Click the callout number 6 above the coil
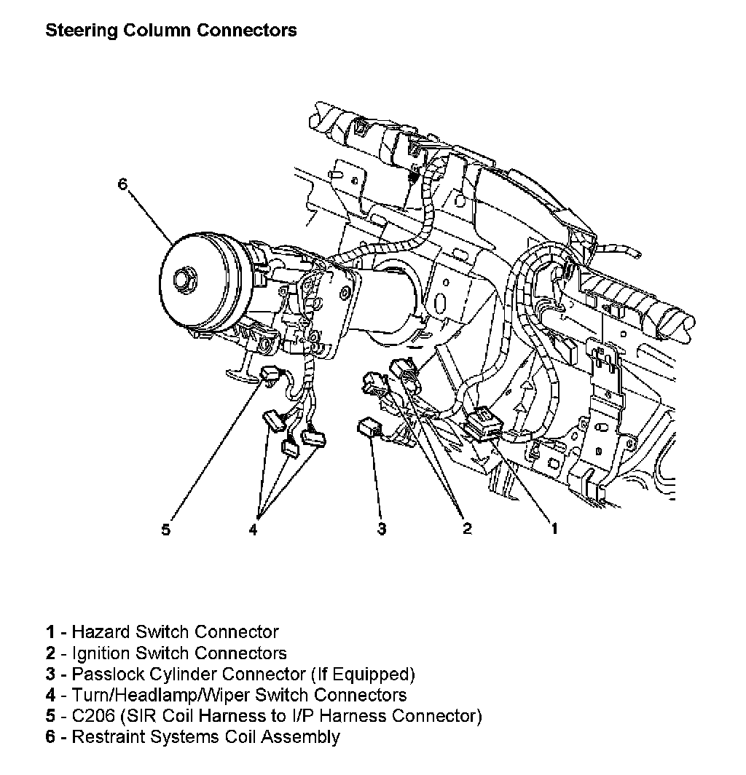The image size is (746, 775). coord(122,184)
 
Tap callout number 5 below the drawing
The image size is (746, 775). coord(166,530)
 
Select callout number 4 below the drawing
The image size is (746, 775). coord(253,530)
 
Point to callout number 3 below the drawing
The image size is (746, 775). coord(382,530)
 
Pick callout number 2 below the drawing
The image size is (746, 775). coord(467,530)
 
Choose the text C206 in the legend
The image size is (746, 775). coord(94,716)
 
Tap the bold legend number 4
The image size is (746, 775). coord(50,695)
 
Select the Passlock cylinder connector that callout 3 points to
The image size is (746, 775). coord(366,428)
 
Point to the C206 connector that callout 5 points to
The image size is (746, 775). coord(269,374)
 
